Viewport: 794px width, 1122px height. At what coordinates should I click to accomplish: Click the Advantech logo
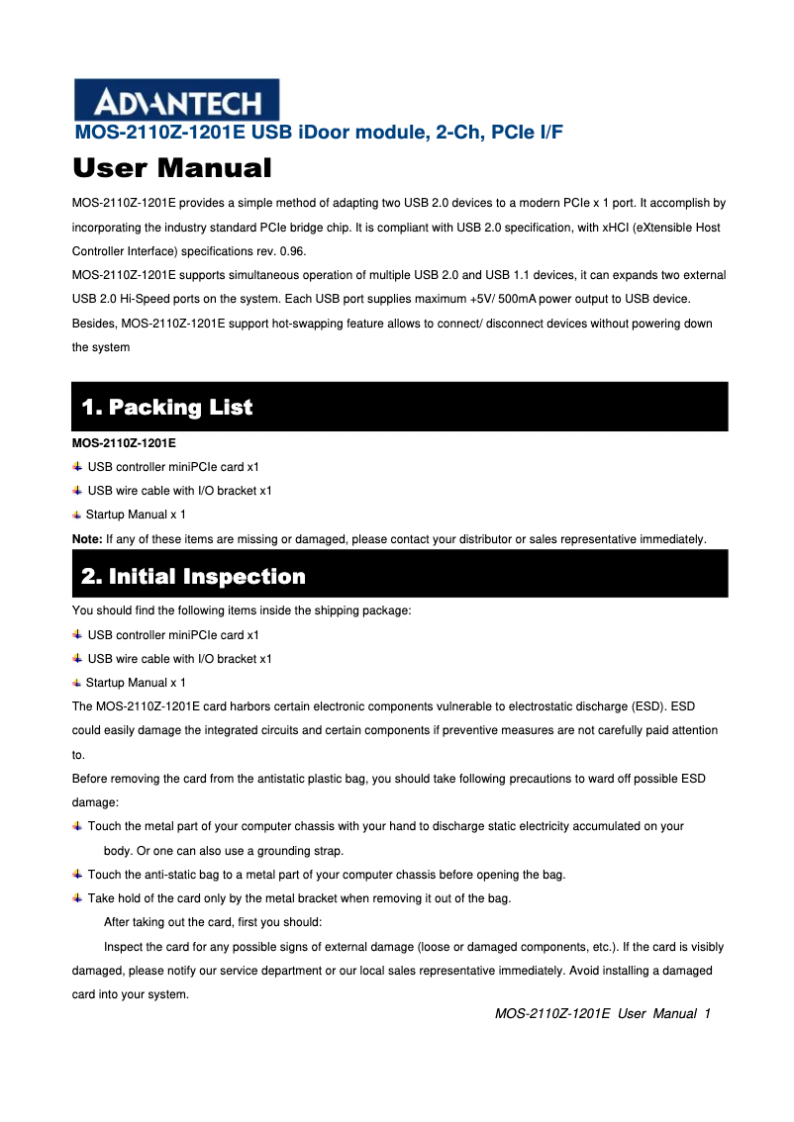176,100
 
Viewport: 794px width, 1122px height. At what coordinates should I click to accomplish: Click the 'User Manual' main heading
172,168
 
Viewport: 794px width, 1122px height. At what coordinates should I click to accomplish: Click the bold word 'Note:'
87,539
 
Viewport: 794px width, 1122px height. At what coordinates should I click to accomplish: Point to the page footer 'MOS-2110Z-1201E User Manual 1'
603,1014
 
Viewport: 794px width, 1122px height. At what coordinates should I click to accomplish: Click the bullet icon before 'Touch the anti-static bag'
78,875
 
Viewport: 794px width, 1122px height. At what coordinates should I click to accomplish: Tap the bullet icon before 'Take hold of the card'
78,898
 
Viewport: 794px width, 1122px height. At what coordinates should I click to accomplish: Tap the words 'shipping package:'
367,611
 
